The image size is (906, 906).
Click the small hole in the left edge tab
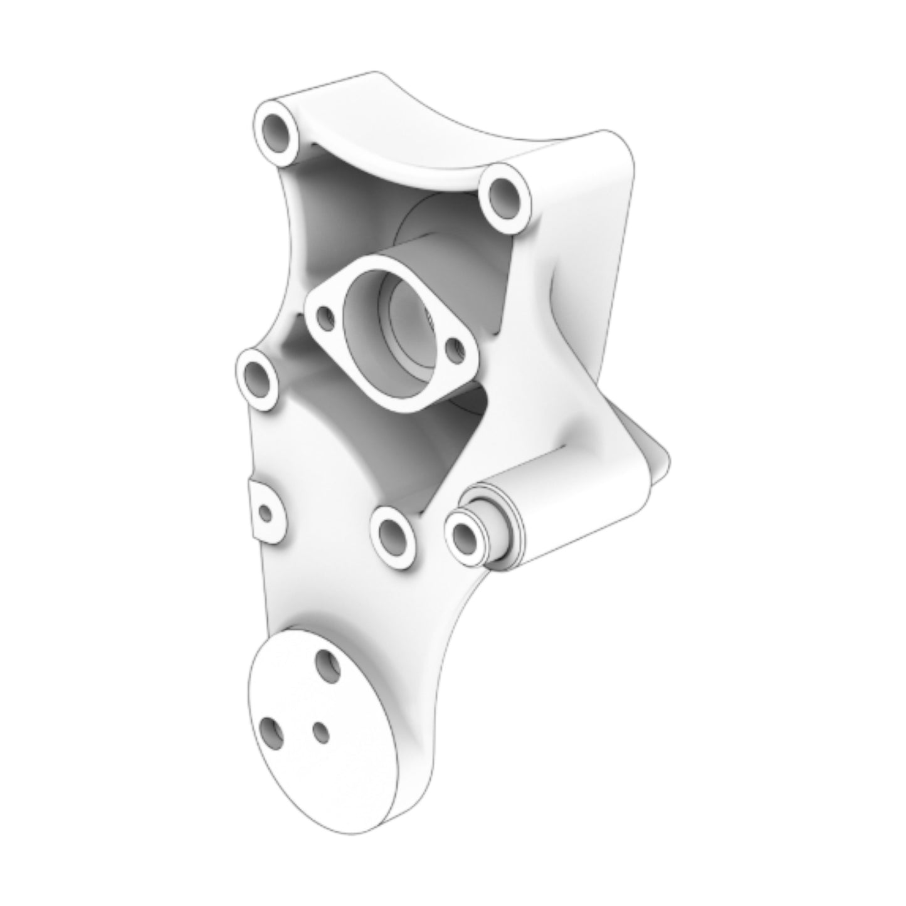pyautogui.click(x=266, y=514)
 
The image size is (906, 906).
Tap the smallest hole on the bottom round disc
pyautogui.click(x=320, y=731)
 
